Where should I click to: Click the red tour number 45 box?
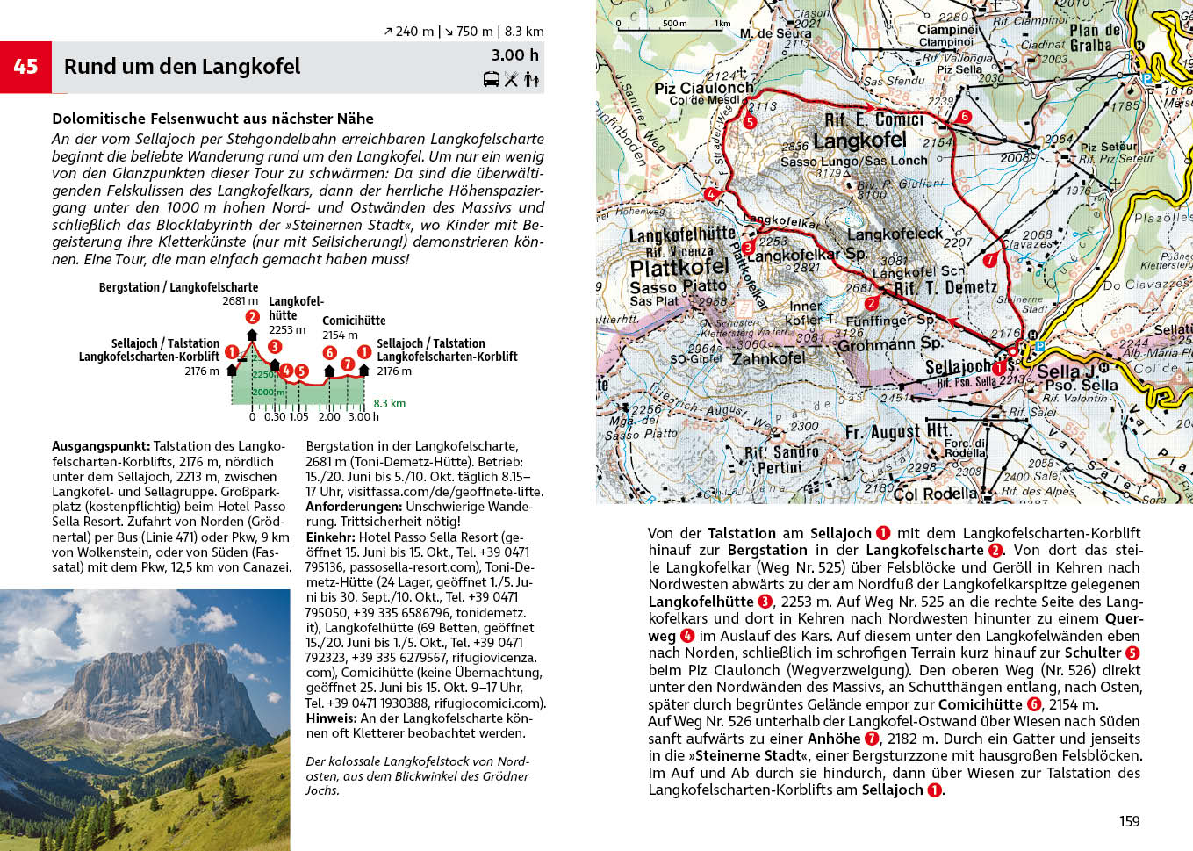click(26, 67)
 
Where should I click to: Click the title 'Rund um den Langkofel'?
click(182, 67)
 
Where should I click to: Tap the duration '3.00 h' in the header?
click(515, 54)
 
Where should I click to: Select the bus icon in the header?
click(492, 80)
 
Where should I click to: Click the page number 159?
click(1129, 821)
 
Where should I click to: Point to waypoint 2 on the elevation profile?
click(253, 317)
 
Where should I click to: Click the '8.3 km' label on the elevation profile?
click(390, 404)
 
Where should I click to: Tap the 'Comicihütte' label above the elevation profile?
click(354, 321)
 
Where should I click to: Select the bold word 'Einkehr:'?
click(330, 537)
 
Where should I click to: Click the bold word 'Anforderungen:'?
click(354, 507)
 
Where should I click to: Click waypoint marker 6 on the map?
click(965, 116)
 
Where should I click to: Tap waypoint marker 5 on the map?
click(750, 122)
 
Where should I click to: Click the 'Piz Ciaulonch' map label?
click(704, 88)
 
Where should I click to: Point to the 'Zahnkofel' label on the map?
click(769, 358)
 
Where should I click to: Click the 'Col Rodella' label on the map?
click(934, 494)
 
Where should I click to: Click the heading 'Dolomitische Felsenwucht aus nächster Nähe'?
click(212, 119)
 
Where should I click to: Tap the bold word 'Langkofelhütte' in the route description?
click(701, 602)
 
